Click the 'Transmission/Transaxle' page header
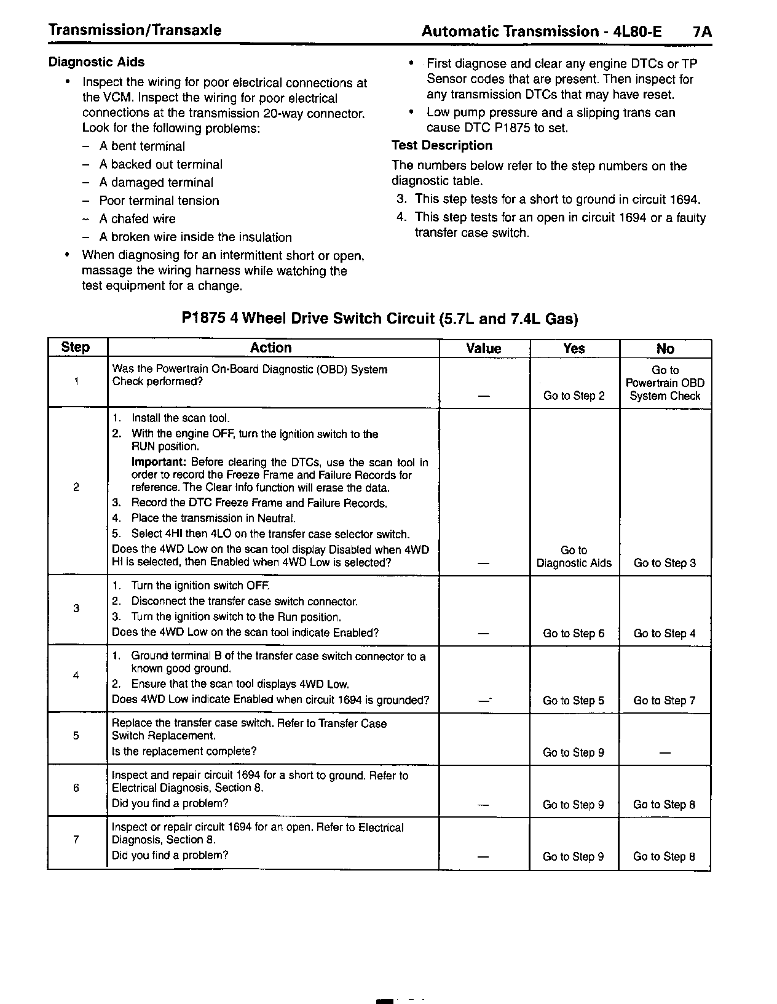(x=135, y=30)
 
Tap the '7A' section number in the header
(x=701, y=31)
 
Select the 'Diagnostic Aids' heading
(x=97, y=62)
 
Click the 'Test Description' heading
(x=442, y=146)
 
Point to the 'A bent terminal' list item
(x=142, y=146)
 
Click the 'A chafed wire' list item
(x=137, y=219)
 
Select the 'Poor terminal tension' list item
(x=159, y=201)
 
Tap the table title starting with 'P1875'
(x=380, y=319)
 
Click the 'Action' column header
(x=270, y=348)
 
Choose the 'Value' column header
(x=484, y=349)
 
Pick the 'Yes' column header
(x=574, y=349)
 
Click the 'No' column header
(x=665, y=349)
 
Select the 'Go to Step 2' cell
(x=574, y=396)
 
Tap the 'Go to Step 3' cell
(x=665, y=563)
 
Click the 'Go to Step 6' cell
(x=574, y=633)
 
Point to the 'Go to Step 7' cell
(x=665, y=701)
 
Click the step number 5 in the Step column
(x=76, y=736)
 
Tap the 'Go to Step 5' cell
(x=574, y=701)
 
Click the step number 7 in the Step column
(x=76, y=840)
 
